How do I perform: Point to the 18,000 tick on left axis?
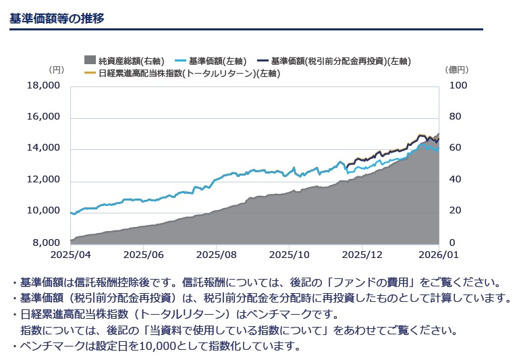pyautogui.click(x=44, y=85)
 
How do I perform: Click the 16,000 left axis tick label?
pyautogui.click(x=44, y=117)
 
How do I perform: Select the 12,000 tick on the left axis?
pyautogui.click(x=44, y=180)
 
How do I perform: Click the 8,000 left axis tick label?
pyautogui.click(x=47, y=242)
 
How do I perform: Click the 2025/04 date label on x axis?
pyautogui.click(x=70, y=255)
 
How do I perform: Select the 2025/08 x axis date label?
pyautogui.click(x=215, y=255)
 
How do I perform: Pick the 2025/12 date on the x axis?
pyautogui.click(x=362, y=255)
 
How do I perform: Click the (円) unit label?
pyautogui.click(x=56, y=69)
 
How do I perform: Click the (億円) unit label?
pyautogui.click(x=457, y=69)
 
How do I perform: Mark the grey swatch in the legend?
pyautogui.click(x=90, y=61)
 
